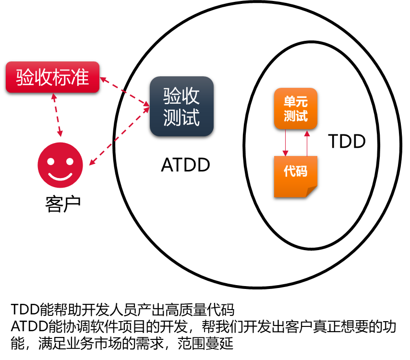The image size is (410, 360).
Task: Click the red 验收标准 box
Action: (x=52, y=77)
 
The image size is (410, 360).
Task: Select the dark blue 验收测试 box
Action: (x=181, y=106)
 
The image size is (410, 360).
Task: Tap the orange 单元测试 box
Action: (x=295, y=108)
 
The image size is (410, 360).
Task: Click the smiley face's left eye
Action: (x=51, y=161)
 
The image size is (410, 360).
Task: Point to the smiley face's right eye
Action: (x=70, y=161)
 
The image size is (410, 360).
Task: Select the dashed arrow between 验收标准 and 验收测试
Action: (x=125, y=91)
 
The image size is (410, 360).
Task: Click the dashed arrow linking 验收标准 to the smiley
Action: (x=57, y=115)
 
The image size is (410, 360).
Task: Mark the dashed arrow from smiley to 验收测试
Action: (x=119, y=136)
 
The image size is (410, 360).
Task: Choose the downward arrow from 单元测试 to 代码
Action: (x=285, y=143)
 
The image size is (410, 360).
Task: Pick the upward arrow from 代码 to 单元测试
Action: (x=307, y=143)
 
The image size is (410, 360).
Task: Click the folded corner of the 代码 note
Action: (x=311, y=192)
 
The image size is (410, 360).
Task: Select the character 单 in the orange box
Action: (x=289, y=102)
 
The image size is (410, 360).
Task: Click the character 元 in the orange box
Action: (x=302, y=102)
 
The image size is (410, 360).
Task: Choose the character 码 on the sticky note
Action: (x=302, y=171)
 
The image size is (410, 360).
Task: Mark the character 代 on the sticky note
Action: (x=289, y=171)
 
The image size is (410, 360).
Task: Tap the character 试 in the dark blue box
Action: (x=191, y=118)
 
